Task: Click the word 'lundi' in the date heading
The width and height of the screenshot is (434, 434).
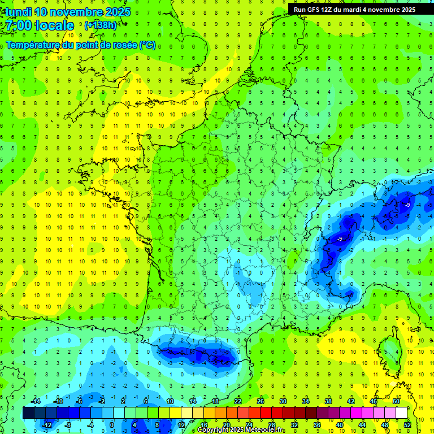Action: pyautogui.click(x=18, y=12)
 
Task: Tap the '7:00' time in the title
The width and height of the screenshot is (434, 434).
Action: pyautogui.click(x=18, y=25)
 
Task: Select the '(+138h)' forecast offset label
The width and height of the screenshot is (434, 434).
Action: pyautogui.click(x=101, y=25)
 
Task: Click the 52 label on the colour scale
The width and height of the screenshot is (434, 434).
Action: pyautogui.click(x=407, y=424)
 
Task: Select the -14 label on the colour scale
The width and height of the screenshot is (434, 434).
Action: pyautogui.click(x=36, y=401)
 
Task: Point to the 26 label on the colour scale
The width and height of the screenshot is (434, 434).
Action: pyautogui.click(x=261, y=401)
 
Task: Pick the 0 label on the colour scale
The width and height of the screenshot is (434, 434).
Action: pyautogui.click(x=111, y=424)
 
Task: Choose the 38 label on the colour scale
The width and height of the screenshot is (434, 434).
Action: pyautogui.click(x=328, y=401)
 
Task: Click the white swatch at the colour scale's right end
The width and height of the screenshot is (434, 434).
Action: pyautogui.click(x=401, y=413)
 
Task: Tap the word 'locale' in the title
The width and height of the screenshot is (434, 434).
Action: pyautogui.click(x=54, y=25)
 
